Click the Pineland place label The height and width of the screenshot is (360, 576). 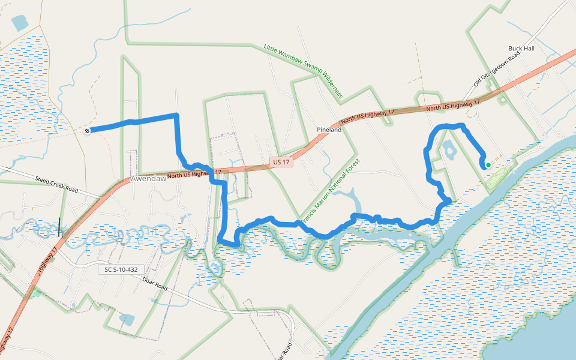329,130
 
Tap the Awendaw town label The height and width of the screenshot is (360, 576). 148,179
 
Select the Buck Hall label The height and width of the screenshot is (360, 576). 521,48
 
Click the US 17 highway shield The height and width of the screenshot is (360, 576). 281,163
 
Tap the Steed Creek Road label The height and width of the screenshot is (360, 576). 56,184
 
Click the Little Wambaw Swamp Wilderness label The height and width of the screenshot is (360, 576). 303,71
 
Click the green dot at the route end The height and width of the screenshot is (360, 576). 488,165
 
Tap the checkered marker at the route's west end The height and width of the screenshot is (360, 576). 88,130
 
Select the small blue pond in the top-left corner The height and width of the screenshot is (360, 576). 19,23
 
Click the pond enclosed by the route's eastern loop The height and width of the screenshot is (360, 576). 449,149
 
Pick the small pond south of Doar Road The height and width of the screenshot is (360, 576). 127,319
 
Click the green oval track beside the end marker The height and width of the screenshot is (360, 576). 495,178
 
